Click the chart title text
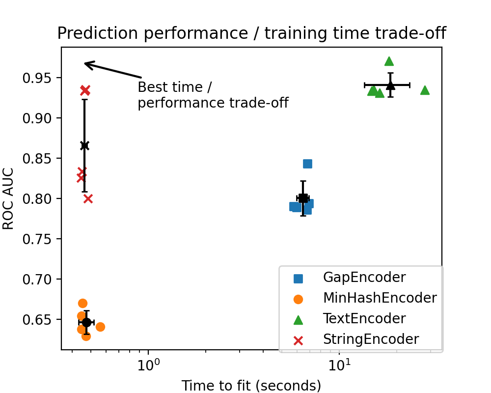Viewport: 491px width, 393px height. [x=251, y=33]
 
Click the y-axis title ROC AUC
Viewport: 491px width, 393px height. [x=8, y=198]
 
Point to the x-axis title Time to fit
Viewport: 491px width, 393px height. [x=251, y=386]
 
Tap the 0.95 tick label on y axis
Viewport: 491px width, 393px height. [x=39, y=78]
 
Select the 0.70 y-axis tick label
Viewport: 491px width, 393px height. [x=39, y=280]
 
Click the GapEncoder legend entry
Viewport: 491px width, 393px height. [x=364, y=278]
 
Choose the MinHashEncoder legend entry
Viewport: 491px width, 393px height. [x=380, y=298]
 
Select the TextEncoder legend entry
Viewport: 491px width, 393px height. [x=364, y=319]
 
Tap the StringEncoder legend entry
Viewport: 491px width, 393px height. [x=371, y=339]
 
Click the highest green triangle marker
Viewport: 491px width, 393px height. [x=389, y=61]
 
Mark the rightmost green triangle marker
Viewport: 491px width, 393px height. [x=425, y=90]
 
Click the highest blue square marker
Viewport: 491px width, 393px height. [x=307, y=164]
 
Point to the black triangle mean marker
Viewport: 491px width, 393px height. [x=390, y=85]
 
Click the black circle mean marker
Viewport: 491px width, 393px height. [x=86, y=322]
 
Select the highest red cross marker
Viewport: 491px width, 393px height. [x=85, y=90]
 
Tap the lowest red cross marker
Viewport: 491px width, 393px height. [x=88, y=198]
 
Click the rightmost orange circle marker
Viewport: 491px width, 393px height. [x=100, y=327]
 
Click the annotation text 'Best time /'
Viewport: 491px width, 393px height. [x=174, y=87]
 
